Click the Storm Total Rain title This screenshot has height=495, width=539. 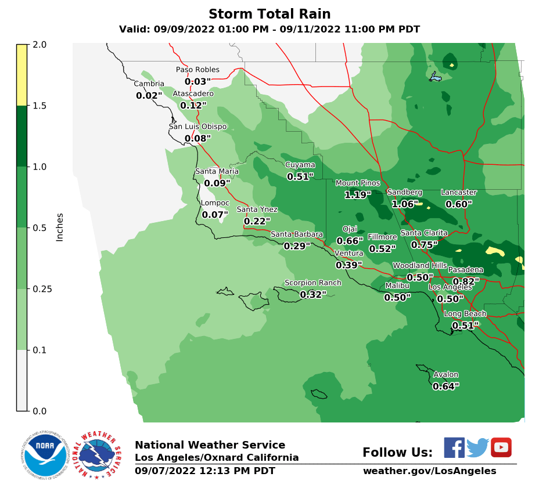[x=269, y=14]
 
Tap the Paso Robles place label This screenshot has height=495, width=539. [x=197, y=70]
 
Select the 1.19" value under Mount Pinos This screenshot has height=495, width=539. [x=357, y=195]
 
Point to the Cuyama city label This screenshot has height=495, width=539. [x=300, y=165]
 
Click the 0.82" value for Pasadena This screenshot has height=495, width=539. [x=465, y=281]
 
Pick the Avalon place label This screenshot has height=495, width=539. [x=445, y=374]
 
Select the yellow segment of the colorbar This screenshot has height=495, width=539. [x=21, y=75]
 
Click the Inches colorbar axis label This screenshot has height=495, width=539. [x=60, y=227]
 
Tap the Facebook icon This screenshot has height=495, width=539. [x=454, y=447]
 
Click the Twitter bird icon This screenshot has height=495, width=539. [x=477, y=448]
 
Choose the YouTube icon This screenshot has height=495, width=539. [x=501, y=447]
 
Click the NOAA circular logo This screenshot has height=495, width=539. [x=45, y=454]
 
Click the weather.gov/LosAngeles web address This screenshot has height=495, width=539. [x=429, y=471]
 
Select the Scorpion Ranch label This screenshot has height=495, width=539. [x=312, y=283]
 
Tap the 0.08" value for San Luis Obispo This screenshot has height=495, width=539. [x=197, y=138]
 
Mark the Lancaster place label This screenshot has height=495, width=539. [x=458, y=192]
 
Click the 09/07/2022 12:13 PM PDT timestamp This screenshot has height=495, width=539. [x=205, y=471]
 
